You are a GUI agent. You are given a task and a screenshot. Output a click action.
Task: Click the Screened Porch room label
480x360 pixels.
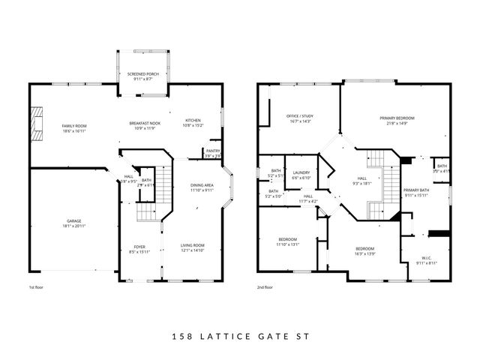(x=140, y=73)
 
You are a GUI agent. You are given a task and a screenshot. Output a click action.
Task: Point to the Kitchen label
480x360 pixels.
(x=193, y=121)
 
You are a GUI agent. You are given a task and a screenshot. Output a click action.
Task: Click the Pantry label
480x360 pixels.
(x=213, y=151)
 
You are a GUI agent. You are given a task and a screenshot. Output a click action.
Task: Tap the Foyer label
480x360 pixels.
(x=139, y=247)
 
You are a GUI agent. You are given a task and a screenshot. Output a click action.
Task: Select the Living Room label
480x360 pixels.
(x=193, y=245)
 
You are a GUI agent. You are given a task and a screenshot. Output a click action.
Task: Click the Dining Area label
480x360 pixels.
(x=202, y=185)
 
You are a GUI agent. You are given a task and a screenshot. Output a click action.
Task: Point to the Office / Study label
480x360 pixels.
(x=299, y=116)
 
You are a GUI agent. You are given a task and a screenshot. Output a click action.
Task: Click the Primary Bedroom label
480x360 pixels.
(x=397, y=118)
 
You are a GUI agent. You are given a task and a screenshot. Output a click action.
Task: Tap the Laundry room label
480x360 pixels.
(x=301, y=172)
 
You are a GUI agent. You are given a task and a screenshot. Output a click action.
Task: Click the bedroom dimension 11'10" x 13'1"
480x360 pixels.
(x=287, y=244)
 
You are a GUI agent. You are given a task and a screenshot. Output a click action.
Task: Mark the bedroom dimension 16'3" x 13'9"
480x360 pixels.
(x=364, y=253)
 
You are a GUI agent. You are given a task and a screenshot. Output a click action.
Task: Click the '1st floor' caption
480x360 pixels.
(x=37, y=287)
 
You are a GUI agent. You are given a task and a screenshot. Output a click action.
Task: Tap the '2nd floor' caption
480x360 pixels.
(x=264, y=287)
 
